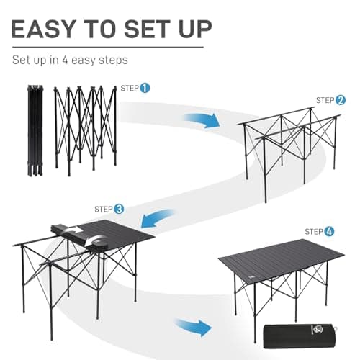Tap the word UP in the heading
coord(192,29)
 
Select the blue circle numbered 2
coord(341,100)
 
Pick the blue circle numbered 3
coord(119,209)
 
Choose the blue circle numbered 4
coord(329,231)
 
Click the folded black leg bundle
coord(33,130)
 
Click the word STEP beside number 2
coord(325,101)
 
